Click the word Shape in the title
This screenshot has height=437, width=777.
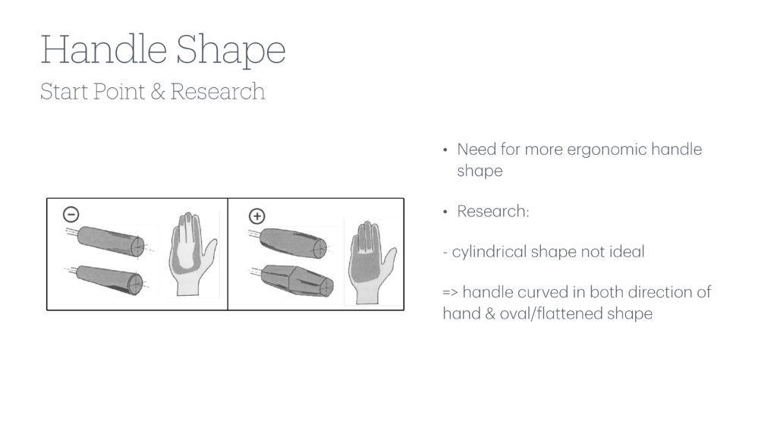pyautogui.click(x=231, y=52)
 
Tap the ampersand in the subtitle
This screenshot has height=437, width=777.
pyautogui.click(x=157, y=92)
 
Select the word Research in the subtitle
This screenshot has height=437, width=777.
pyautogui.click(x=218, y=92)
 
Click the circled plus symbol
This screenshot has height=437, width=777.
pyautogui.click(x=256, y=215)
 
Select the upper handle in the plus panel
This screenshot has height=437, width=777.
pyautogui.click(x=293, y=242)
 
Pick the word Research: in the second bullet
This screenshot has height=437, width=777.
pyautogui.click(x=492, y=211)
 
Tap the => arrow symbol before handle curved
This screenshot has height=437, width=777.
pyautogui.click(x=450, y=293)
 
